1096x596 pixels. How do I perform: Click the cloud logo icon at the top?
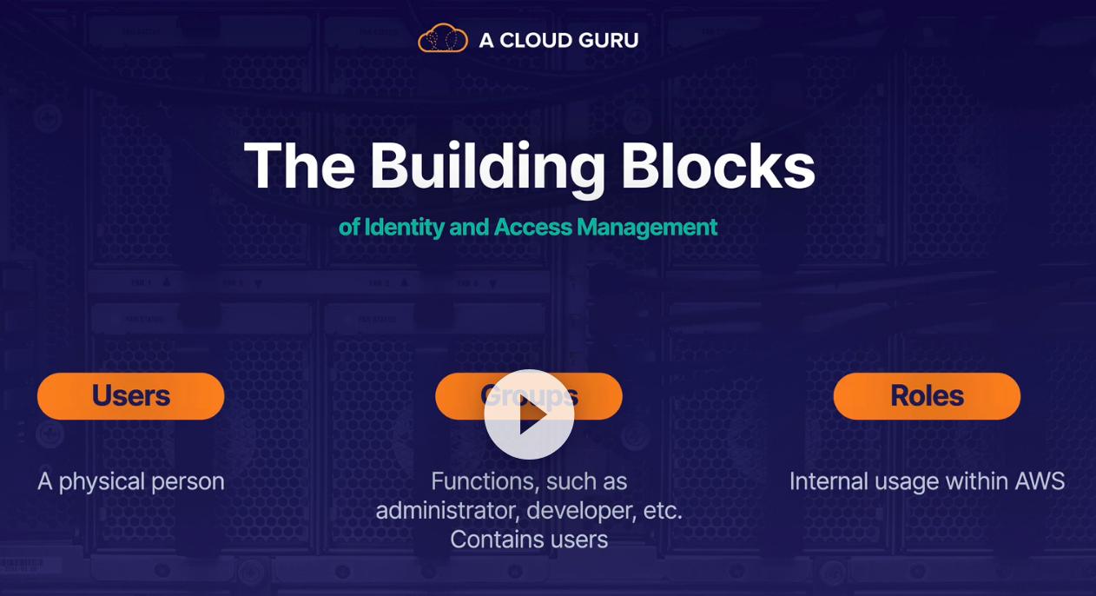[443, 39]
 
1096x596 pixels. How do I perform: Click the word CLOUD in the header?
[533, 40]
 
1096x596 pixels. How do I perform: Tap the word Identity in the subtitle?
[404, 228]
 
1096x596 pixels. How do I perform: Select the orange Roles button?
[927, 396]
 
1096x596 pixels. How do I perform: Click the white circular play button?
[529, 414]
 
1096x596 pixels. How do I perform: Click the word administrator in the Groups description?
[446, 511]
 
